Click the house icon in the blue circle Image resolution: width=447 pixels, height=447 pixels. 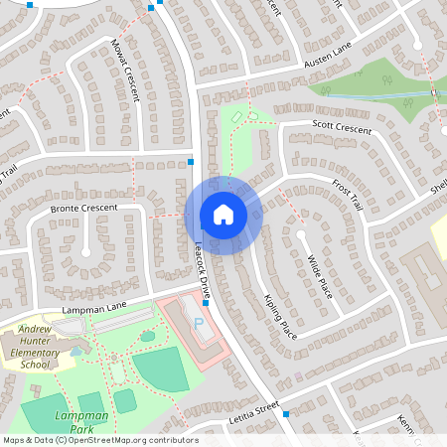click(223, 215)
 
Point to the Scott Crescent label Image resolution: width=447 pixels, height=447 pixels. click(342, 130)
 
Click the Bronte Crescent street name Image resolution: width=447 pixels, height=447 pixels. click(83, 208)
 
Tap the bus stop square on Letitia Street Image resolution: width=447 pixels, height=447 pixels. click(285, 412)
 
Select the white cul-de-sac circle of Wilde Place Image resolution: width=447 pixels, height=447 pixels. click(300, 235)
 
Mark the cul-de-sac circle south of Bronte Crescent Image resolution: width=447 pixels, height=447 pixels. click(85, 252)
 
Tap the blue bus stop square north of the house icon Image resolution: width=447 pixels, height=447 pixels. click(191, 161)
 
